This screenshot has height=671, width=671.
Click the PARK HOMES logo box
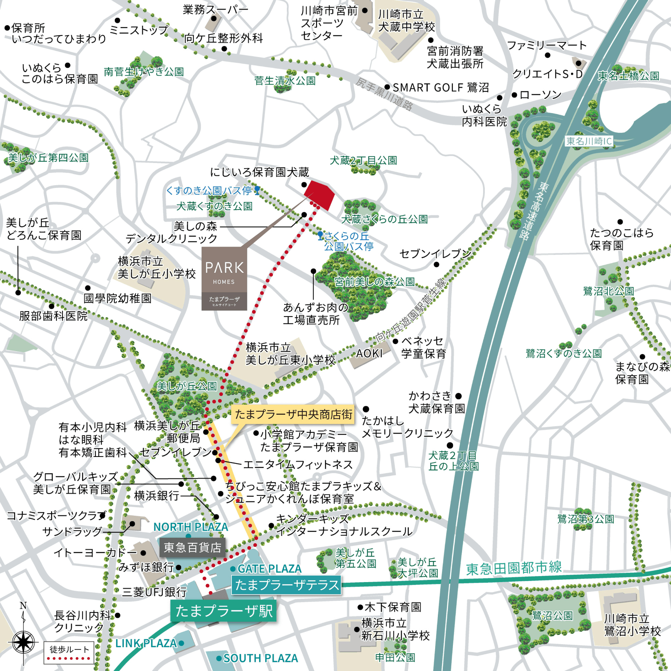(224, 278)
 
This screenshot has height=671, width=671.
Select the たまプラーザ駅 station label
(224, 611)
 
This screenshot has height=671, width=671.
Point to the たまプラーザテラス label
(286, 585)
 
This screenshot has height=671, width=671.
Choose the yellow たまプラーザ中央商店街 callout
(293, 414)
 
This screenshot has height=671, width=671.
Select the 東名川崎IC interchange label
(589, 141)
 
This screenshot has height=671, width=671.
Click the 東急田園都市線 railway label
(514, 568)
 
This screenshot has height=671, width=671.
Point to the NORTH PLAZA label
(191, 527)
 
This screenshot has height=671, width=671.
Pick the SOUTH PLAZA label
(260, 658)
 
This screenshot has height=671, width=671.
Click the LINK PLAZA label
(146, 643)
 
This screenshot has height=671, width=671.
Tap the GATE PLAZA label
(269, 569)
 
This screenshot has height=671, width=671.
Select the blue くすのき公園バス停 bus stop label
(209, 190)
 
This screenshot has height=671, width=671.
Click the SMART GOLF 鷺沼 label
(441, 88)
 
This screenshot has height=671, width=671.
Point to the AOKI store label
(369, 353)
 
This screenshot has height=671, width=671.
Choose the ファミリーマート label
(547, 45)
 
